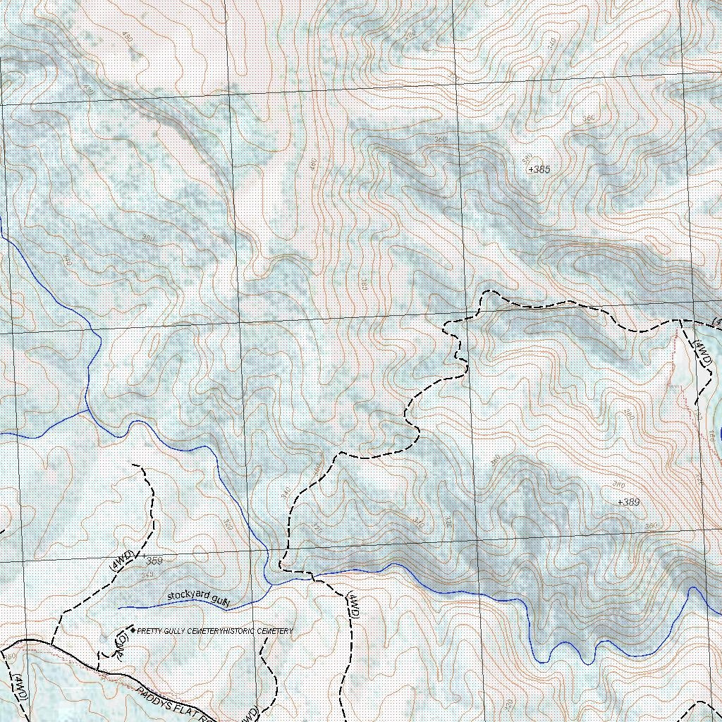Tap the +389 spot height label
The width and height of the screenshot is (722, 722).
[x=628, y=502]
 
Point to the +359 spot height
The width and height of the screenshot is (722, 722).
[x=152, y=561]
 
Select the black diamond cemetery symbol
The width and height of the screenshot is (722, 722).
[x=133, y=630]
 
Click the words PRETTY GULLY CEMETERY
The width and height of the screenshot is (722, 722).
[x=180, y=630]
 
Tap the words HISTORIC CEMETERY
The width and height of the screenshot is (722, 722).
[x=258, y=630]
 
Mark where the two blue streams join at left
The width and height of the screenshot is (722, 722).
[x=87, y=409]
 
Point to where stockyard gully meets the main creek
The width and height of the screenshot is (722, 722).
[x=271, y=583]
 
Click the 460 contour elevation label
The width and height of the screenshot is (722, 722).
[x=313, y=166]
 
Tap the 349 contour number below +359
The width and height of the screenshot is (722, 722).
[x=146, y=576]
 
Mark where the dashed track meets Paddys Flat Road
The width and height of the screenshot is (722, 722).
[x=52, y=644]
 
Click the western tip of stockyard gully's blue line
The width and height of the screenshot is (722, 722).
[x=118, y=607]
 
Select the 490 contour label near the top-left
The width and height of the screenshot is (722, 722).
[x=126, y=37]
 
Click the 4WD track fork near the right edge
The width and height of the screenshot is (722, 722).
[x=678, y=321]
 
